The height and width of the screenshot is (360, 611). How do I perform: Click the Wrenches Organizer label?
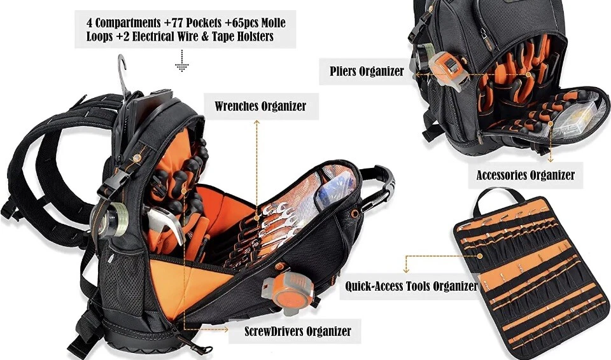point(260,106)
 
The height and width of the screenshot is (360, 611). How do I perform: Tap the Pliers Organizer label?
point(367,71)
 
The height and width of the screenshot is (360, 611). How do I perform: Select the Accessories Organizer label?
point(525,174)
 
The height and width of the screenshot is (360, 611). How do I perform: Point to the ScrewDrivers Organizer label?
point(297,331)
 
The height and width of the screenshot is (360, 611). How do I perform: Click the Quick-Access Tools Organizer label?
point(411,286)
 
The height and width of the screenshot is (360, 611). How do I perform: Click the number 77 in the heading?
point(188,23)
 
